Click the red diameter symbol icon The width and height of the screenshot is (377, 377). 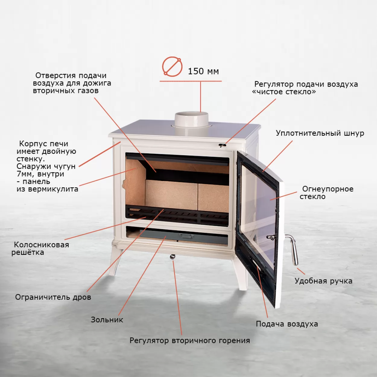tap(172, 67)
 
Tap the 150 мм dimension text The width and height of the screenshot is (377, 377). tap(203, 71)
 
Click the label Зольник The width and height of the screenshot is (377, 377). tap(107, 320)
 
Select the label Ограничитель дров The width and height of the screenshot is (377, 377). tap(53, 297)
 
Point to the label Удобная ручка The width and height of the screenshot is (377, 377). tap(323, 281)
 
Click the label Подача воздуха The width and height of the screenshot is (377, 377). tap(287, 324)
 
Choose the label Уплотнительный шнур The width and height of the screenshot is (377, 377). tap(320, 133)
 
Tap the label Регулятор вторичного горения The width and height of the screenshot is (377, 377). tap(190, 341)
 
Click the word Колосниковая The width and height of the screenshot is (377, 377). tap(42, 245)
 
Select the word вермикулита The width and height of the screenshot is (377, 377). tap(53, 189)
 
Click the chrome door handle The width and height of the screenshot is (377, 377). tap(293, 250)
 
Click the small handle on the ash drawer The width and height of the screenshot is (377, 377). tap(186, 236)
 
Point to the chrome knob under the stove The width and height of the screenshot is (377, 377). tap(172, 257)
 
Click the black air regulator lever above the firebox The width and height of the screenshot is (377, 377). tap(223, 145)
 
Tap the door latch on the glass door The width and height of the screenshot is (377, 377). tap(271, 237)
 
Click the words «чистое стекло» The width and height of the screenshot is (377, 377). tap(284, 92)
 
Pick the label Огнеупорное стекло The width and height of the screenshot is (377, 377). tap(327, 192)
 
